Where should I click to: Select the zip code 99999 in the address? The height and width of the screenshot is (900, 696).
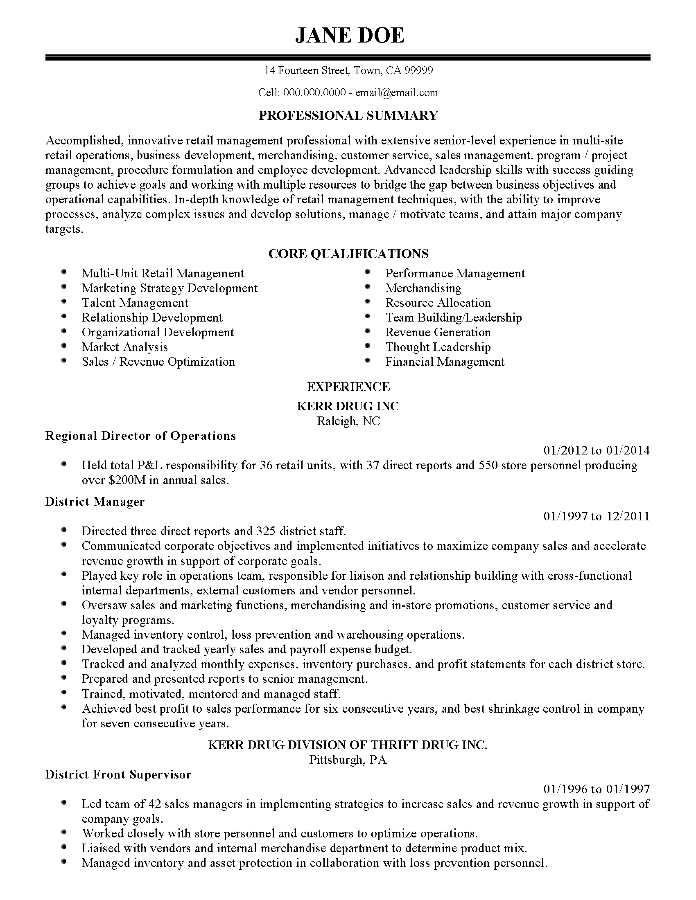(418, 71)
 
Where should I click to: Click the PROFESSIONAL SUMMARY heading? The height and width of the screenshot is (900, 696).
(348, 115)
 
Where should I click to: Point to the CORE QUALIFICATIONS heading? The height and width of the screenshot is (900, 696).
(348, 254)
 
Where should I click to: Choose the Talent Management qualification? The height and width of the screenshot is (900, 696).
(135, 303)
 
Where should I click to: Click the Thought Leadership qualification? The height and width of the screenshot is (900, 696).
(438, 347)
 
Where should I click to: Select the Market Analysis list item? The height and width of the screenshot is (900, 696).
(124, 347)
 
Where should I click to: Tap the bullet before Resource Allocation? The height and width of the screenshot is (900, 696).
(367, 302)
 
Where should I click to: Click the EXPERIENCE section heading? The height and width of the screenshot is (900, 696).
(348, 387)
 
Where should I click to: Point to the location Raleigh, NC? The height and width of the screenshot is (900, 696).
(348, 421)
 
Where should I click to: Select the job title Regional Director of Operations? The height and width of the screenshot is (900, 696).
(140, 436)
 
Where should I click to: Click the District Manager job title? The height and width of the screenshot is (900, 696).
(95, 502)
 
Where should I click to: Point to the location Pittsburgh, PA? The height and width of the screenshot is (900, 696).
(348, 760)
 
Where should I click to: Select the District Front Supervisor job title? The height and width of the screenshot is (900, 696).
(118, 775)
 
